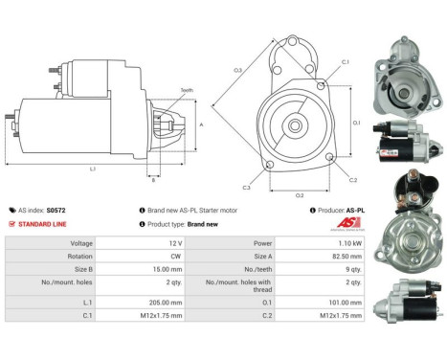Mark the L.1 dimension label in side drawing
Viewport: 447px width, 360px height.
pos(92,169)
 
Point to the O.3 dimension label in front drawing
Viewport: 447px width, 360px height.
pos(236,70)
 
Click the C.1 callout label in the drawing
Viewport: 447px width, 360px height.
pos(345,61)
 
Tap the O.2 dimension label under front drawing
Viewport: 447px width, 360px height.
pos(299,195)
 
